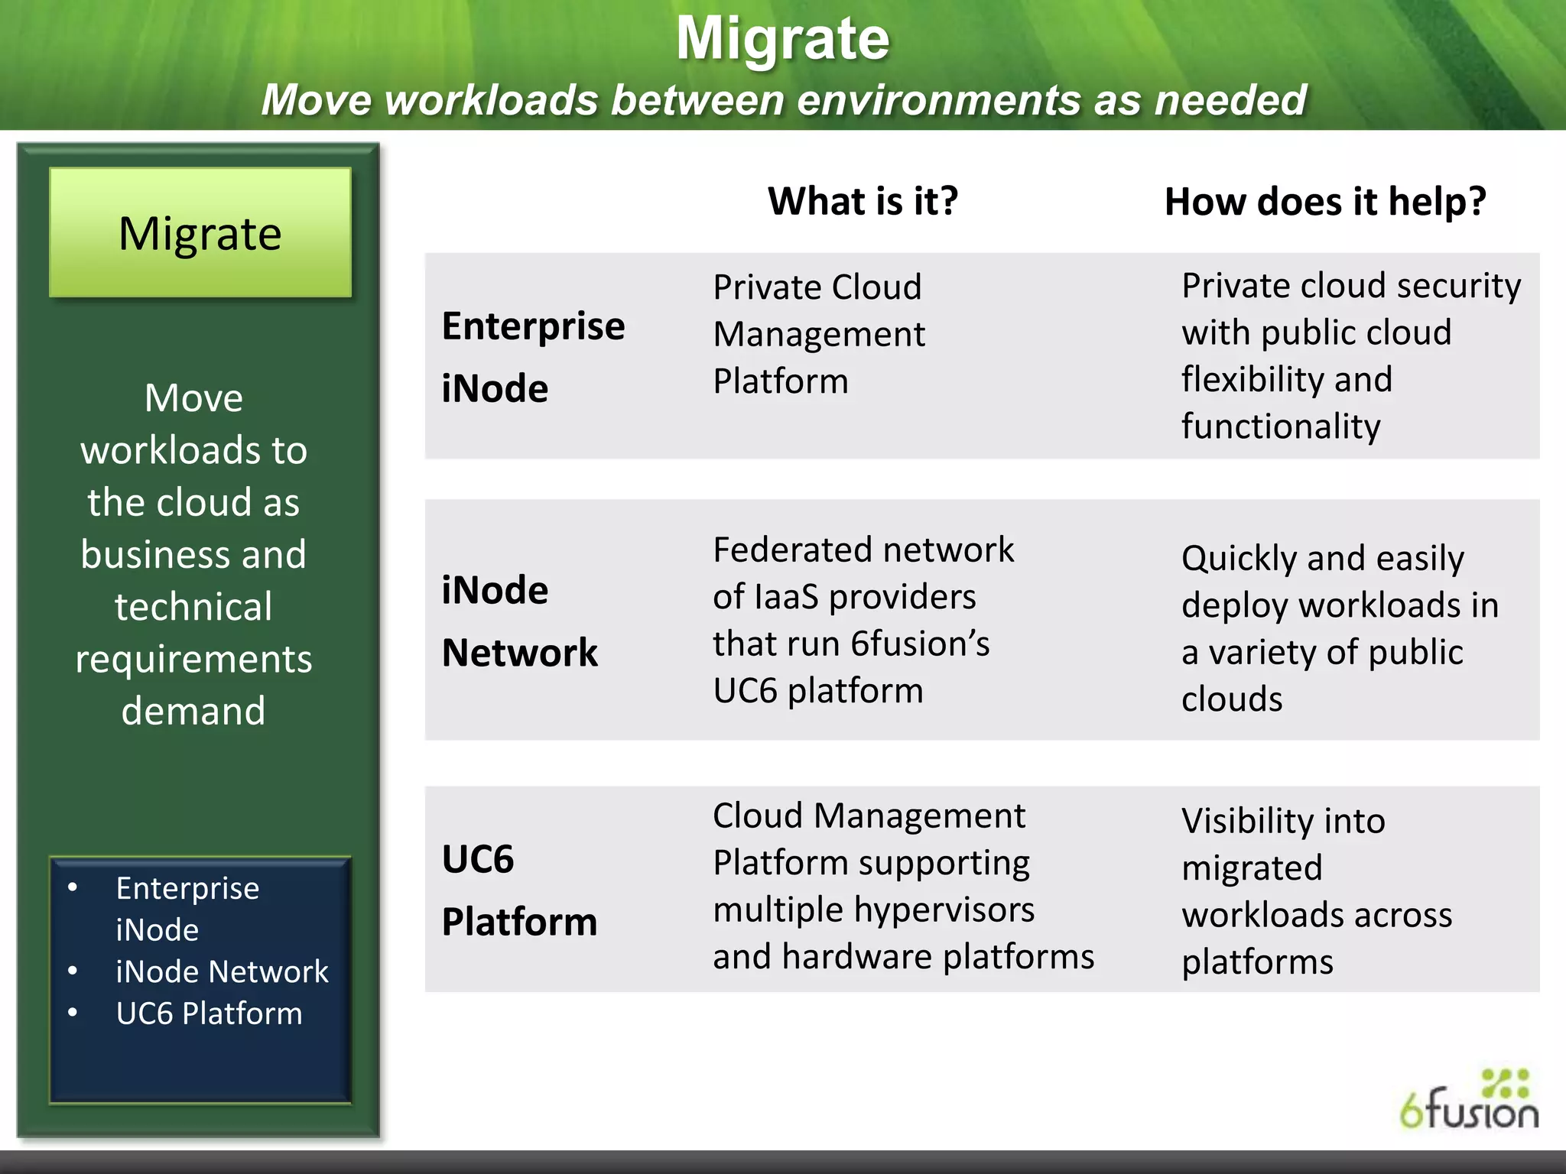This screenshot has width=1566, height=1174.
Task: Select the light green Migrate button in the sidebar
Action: pos(200,233)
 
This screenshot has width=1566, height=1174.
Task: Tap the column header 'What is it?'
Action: pos(863,202)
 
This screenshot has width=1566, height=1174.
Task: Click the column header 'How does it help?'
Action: pos(1324,203)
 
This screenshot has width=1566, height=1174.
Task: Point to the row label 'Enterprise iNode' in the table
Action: pos(533,357)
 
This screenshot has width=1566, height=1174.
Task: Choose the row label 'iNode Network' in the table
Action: pos(520,621)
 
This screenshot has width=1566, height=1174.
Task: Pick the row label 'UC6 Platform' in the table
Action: pos(519,890)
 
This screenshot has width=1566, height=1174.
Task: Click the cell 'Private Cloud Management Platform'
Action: pos(818,334)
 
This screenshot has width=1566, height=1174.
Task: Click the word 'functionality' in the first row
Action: pos(1281,426)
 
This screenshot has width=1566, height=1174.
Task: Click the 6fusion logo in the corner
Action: pos(1470,1102)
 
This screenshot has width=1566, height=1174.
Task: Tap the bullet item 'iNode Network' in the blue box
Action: pos(222,972)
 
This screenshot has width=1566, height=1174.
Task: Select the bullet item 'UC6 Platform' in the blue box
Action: pos(209,1013)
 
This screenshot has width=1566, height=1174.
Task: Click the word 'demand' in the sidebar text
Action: pos(193,712)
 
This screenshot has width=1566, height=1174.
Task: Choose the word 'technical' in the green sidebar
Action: pos(193,607)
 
